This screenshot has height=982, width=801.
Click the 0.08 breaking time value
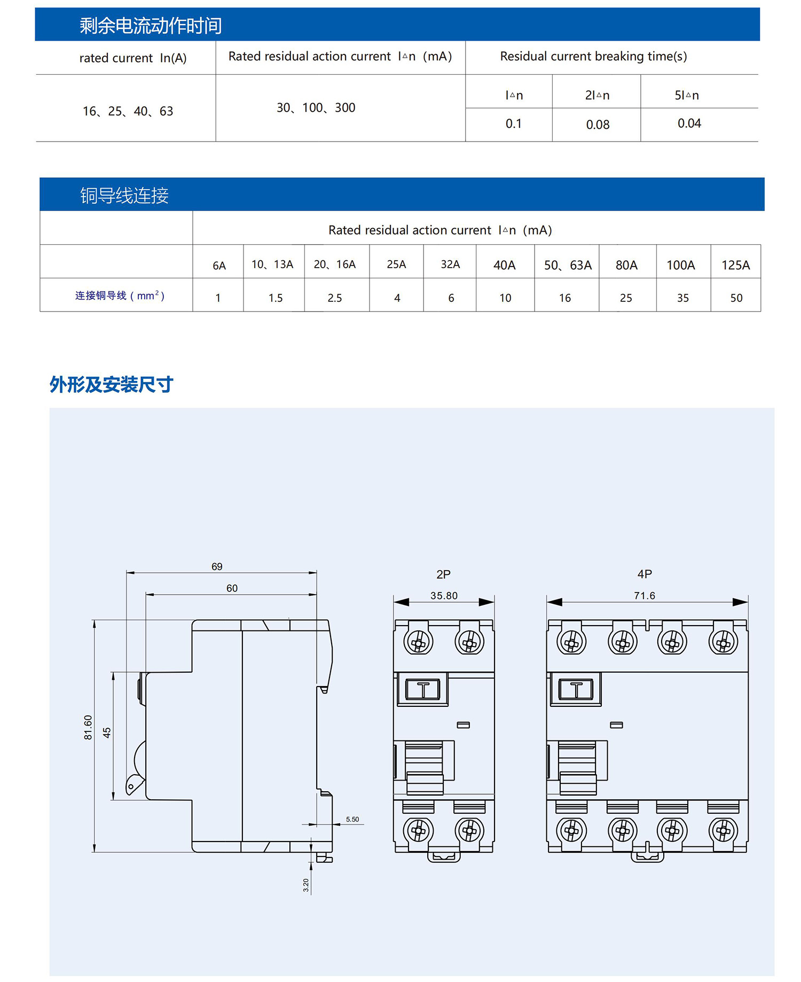coord(598,124)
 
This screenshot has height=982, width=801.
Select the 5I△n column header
coord(687,95)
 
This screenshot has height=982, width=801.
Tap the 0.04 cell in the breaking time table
coord(689,123)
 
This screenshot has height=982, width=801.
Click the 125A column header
coord(735,265)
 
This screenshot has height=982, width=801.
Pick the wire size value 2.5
coord(335,298)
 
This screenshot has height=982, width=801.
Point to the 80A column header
coord(626,265)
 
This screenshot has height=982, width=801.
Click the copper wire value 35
coord(682,298)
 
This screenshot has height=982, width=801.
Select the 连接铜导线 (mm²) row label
coord(120,295)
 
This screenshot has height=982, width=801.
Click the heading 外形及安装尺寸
coord(111,384)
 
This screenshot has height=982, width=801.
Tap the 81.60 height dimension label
coord(88,727)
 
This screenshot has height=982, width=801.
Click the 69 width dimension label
coord(217,566)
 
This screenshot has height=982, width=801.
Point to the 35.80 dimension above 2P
coord(444,595)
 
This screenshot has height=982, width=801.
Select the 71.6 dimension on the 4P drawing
coord(645,595)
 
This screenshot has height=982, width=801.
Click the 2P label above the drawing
coord(443,574)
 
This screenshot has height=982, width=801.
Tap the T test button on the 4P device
coord(576,689)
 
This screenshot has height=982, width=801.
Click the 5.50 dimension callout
coord(352,819)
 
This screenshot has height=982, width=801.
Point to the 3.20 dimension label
coord(306,885)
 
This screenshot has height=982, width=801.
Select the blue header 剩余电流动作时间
coord(151,25)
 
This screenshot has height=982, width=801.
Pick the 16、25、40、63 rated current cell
coord(128,111)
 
